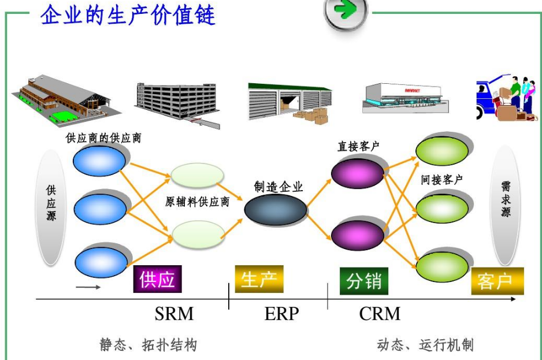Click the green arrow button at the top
(x=346, y=12)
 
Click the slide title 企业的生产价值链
(x=128, y=15)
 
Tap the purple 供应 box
(x=158, y=279)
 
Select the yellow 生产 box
(x=259, y=279)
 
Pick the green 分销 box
(x=364, y=281)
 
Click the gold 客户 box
(x=498, y=281)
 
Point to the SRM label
(x=174, y=314)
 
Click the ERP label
(x=282, y=314)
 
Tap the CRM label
(x=380, y=314)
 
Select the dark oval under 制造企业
(x=276, y=210)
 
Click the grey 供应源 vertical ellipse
(x=51, y=207)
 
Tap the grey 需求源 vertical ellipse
(x=506, y=205)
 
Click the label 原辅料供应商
(x=198, y=202)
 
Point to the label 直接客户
(x=358, y=146)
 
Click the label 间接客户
(x=442, y=180)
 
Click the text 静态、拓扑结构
(x=149, y=345)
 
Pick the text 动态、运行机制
(x=425, y=345)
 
